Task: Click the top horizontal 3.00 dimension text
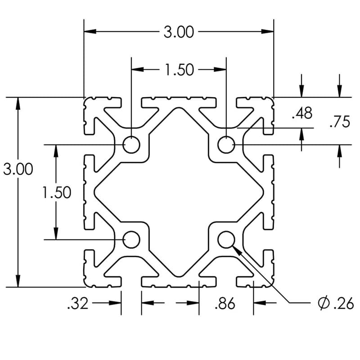click(179, 32)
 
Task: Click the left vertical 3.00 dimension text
click(18, 170)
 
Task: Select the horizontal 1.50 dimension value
click(179, 70)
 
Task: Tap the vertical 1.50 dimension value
click(57, 193)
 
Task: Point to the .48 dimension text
click(301, 113)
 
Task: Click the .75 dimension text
click(339, 122)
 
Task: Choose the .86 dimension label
click(225, 304)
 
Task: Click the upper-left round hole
click(131, 144)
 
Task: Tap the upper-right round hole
click(226, 144)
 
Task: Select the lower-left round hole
click(131, 239)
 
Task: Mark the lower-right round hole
click(226, 239)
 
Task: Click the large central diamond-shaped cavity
click(179, 192)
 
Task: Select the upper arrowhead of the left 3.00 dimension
click(18, 103)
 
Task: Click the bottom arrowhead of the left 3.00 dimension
click(18, 281)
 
